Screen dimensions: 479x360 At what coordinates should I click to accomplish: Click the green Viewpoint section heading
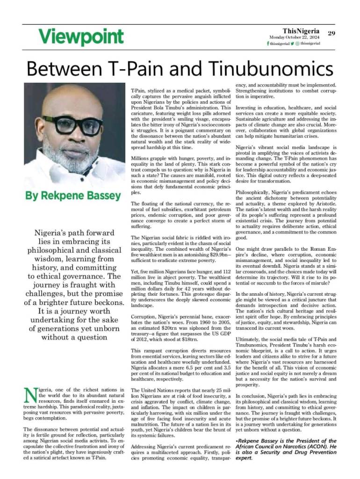pos(81,36)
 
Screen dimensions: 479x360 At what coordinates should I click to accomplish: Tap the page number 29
pos(331,33)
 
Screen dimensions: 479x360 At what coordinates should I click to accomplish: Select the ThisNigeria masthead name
pos(301,31)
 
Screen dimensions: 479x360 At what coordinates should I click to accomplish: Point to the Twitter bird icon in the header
pos(292,44)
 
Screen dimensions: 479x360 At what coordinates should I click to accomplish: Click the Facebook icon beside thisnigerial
pos(268,44)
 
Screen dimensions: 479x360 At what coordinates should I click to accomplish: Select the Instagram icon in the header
pos(297,44)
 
